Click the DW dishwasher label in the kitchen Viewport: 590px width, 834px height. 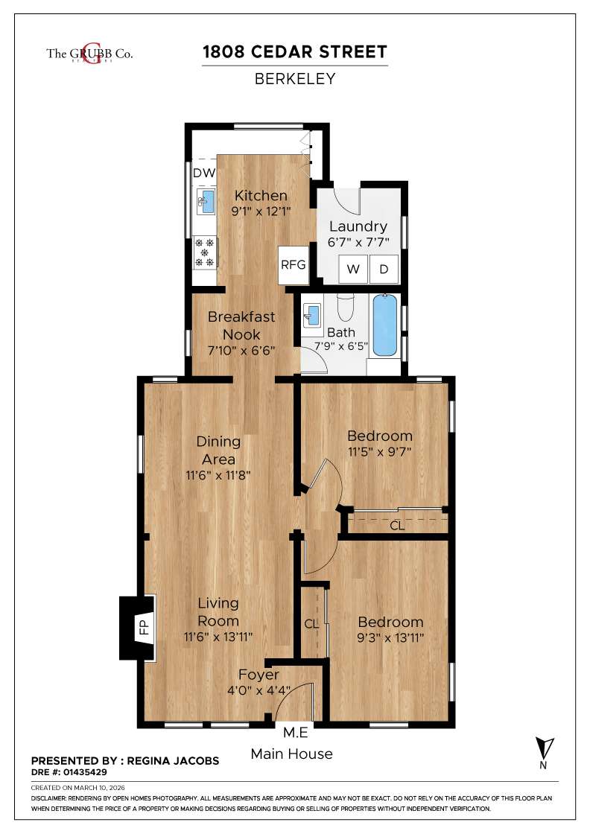click(204, 173)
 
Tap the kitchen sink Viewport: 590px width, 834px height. click(206, 201)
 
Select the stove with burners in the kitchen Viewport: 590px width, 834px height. click(205, 252)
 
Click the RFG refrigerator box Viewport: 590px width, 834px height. click(294, 264)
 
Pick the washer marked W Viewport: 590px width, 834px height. click(353, 270)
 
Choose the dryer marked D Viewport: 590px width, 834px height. click(384, 270)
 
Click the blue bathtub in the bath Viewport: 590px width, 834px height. click(385, 326)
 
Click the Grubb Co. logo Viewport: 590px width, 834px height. click(90, 54)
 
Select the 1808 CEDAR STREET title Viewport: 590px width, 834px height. click(295, 51)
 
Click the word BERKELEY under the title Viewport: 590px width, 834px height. click(295, 79)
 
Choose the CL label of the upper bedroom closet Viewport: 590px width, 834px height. click(397, 526)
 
